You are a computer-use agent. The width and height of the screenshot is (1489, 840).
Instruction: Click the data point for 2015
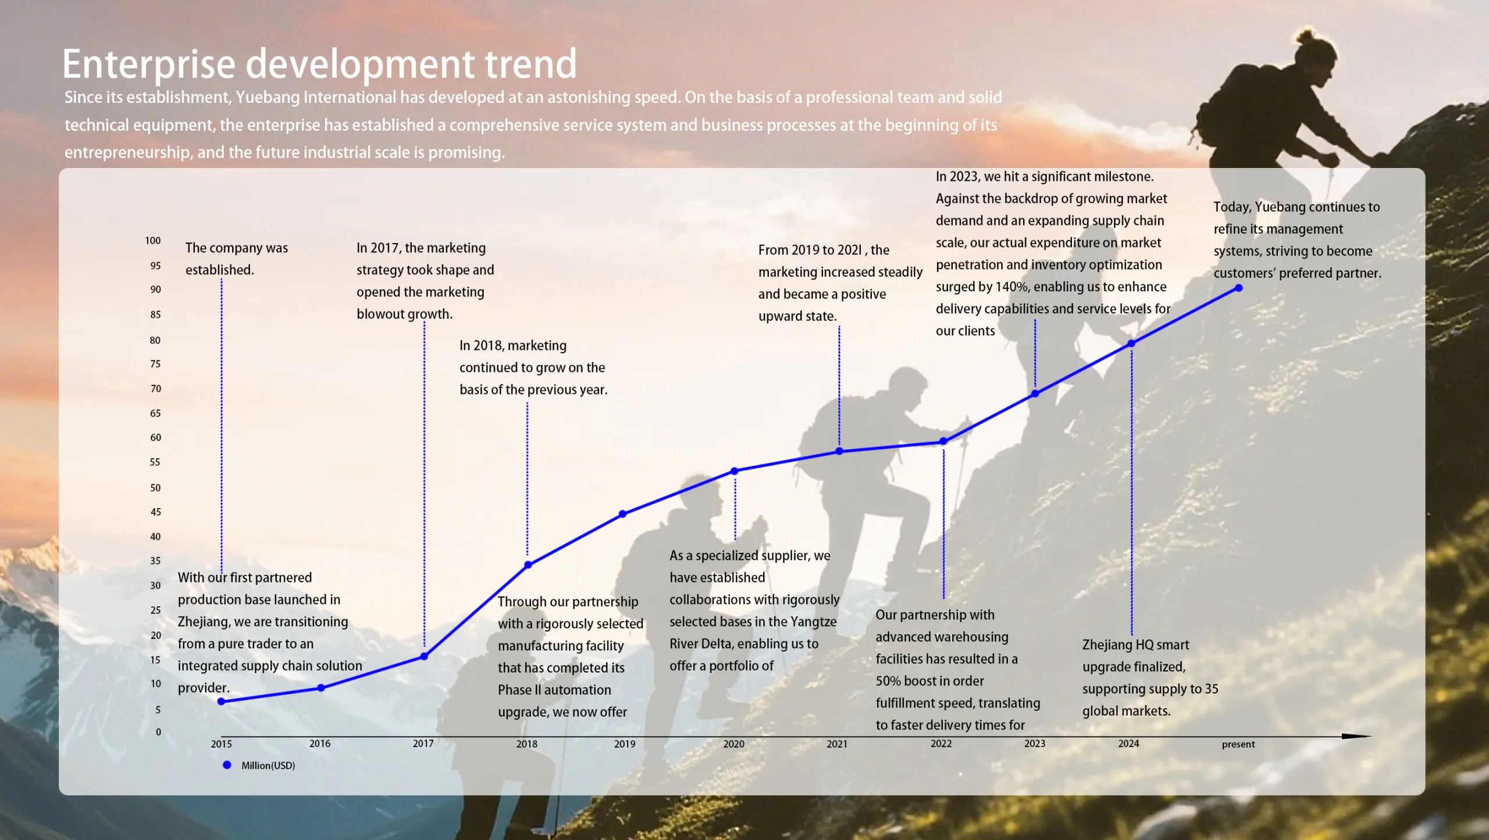point(221,702)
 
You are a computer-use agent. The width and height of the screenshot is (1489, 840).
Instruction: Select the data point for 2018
point(528,564)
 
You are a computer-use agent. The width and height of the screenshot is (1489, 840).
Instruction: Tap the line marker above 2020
point(735,471)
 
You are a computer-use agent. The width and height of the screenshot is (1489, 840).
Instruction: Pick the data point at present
point(1239,288)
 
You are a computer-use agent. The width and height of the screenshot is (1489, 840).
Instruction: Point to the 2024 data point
point(1131,344)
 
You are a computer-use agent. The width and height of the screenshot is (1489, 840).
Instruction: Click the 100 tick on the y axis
point(153,241)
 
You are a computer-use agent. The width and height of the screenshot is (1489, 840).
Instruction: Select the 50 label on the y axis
point(155,488)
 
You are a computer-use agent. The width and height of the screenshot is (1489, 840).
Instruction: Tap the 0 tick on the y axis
point(158,732)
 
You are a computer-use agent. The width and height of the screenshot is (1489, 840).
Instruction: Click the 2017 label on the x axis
point(423,744)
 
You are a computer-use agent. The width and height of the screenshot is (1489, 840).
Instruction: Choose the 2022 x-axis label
point(941,744)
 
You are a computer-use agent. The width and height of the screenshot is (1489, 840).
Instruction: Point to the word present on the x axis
point(1238,744)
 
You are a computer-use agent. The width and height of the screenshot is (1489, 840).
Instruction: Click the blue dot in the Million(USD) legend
point(227,765)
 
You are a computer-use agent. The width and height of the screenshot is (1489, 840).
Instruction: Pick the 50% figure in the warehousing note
point(888,681)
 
